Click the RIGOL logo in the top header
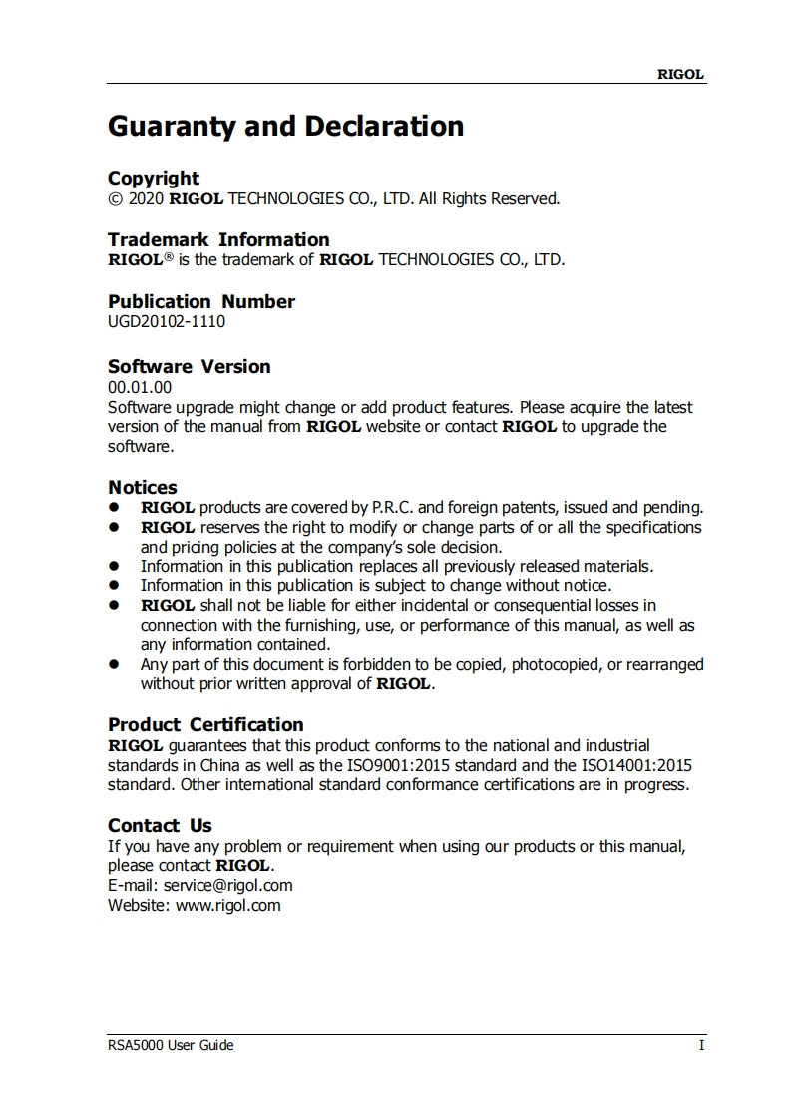click(680, 74)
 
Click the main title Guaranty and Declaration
click(285, 127)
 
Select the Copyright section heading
click(154, 179)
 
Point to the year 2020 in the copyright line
click(147, 198)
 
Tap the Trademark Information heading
click(218, 240)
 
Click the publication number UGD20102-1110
click(167, 321)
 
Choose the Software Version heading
click(190, 366)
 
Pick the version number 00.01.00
click(140, 387)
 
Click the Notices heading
click(143, 488)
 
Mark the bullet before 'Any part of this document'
click(116, 664)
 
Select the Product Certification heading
click(205, 725)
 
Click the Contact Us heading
click(160, 826)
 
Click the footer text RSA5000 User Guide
click(171, 1045)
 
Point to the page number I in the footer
click(701, 1045)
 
